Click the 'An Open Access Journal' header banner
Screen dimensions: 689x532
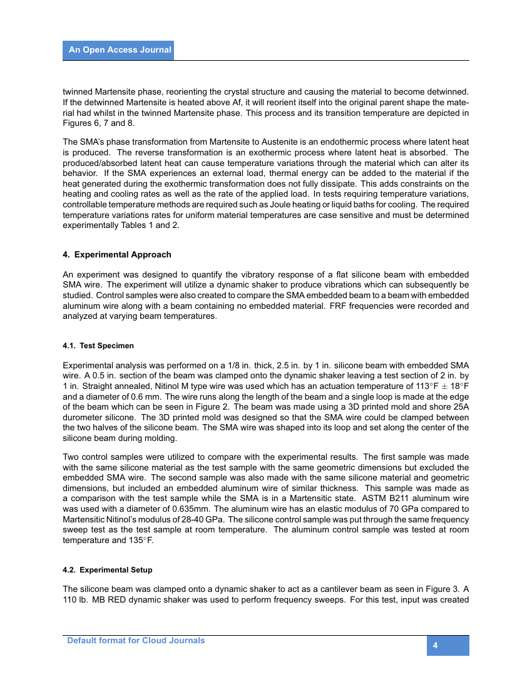coord(119,50)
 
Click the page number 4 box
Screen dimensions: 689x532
coord(448,646)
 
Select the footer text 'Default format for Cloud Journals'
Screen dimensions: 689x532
coord(136,640)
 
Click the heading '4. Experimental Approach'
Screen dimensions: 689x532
coord(117,254)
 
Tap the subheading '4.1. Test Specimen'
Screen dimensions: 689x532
coord(98,346)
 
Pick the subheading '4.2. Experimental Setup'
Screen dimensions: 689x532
coord(108,570)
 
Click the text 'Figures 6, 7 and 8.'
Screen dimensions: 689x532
coord(99,123)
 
